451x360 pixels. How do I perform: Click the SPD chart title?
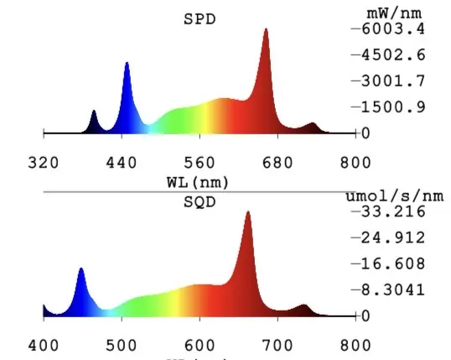200,19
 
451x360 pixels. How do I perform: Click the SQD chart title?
200,202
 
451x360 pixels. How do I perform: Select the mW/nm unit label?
394,13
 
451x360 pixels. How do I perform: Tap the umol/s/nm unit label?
395,196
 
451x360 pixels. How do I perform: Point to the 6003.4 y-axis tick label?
393,29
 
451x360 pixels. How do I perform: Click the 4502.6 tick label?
393,55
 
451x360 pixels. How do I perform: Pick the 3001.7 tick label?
393,81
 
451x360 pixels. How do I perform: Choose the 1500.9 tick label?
393,107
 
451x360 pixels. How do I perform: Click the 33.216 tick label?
393,211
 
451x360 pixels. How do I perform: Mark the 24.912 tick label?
393,237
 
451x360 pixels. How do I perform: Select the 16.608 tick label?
393,263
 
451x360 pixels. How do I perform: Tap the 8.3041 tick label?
393,290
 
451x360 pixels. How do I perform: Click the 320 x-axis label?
44,163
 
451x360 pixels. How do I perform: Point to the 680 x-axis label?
277,163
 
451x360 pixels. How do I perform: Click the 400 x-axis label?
44,346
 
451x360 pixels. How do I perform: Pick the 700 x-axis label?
277,346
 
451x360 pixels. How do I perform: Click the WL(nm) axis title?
198,183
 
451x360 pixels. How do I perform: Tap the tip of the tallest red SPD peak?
266,29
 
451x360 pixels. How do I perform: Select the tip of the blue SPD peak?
127,62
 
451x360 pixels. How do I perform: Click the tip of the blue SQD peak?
81,269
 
